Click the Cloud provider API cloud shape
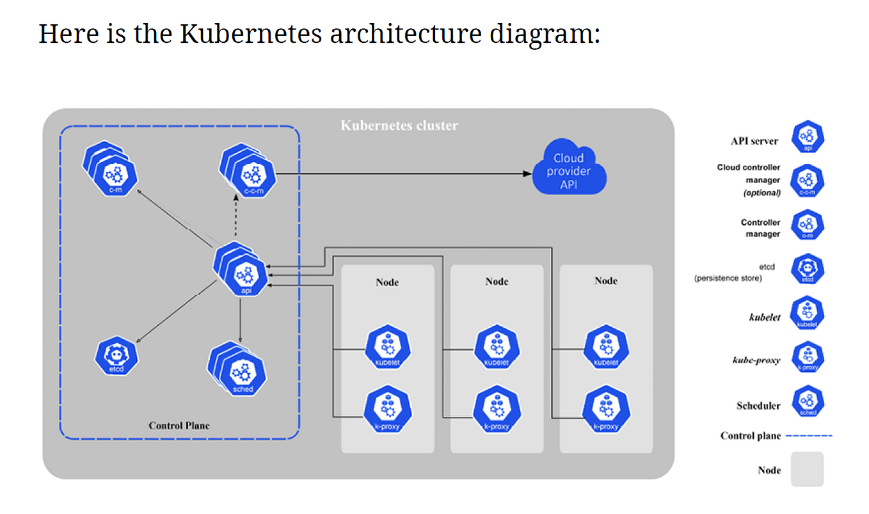(x=569, y=170)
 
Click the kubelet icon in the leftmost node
(x=387, y=348)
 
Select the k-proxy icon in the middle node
(x=497, y=412)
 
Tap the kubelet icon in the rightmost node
(x=605, y=348)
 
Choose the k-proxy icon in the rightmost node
(x=605, y=412)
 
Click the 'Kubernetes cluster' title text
(x=399, y=125)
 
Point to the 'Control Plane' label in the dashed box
(x=179, y=426)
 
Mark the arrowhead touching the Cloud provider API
(x=527, y=173)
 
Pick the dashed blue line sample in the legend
(x=809, y=436)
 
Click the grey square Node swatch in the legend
(x=807, y=470)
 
